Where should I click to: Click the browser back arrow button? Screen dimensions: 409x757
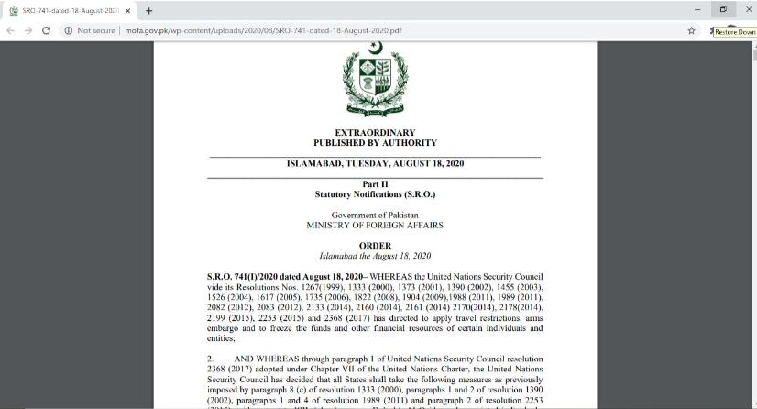(x=12, y=30)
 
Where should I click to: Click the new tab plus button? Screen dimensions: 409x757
(x=148, y=10)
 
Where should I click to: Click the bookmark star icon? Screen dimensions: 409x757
(x=692, y=30)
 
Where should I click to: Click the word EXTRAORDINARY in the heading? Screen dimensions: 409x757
(x=375, y=133)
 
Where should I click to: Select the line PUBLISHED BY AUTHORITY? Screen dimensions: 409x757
(x=375, y=143)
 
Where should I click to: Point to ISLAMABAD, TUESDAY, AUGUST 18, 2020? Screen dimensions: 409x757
(x=376, y=165)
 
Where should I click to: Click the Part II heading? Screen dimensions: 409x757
(x=375, y=185)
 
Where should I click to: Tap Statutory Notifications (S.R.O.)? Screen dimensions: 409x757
(x=375, y=195)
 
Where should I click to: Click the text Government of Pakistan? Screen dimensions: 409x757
(x=375, y=215)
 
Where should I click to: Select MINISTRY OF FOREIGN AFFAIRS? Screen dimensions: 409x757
(x=375, y=225)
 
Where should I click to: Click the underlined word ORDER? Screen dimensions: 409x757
(x=375, y=246)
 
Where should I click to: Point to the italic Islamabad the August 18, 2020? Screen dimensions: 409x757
(x=375, y=256)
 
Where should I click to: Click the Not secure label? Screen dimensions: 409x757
(x=96, y=30)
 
